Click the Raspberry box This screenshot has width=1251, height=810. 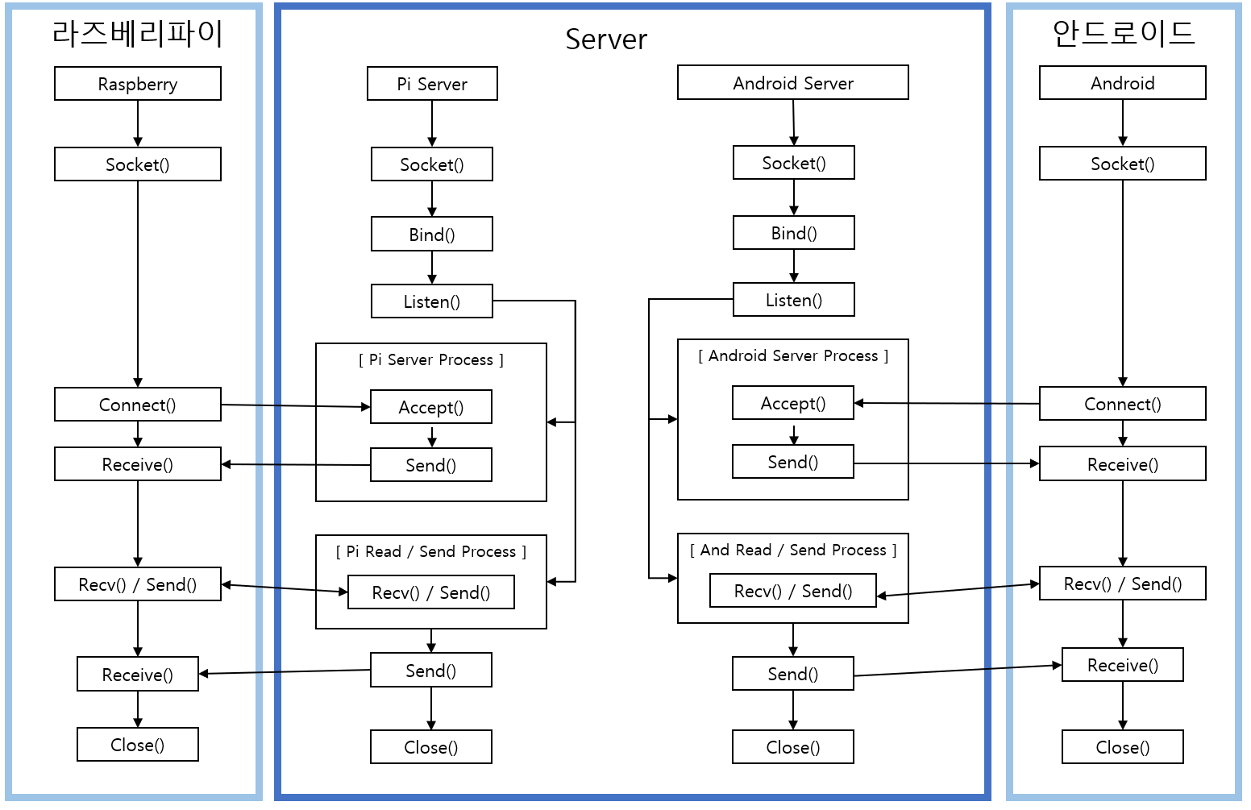pyautogui.click(x=137, y=84)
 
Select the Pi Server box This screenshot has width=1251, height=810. pyautogui.click(x=432, y=84)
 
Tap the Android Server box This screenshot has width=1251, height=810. pyautogui.click(x=792, y=83)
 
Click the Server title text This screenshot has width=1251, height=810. pyautogui.click(x=606, y=39)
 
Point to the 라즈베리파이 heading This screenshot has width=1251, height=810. pyautogui.click(x=137, y=34)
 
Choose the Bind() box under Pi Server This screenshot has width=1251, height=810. pyautogui.click(x=431, y=235)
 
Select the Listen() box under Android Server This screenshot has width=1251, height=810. pyautogui.click(x=793, y=300)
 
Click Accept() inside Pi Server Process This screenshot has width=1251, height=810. pyautogui.click(x=430, y=407)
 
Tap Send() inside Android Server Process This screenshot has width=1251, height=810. pyautogui.click(x=792, y=462)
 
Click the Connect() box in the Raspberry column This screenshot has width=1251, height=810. pyautogui.click(x=137, y=405)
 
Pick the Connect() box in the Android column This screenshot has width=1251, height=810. pyautogui.click(x=1122, y=404)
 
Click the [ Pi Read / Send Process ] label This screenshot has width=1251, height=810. pyautogui.click(x=430, y=551)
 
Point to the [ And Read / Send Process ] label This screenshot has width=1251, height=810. pyautogui.click(x=792, y=550)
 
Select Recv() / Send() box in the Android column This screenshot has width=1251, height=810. pyautogui.click(x=1122, y=584)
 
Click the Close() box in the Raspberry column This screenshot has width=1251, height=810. pyautogui.click(x=137, y=745)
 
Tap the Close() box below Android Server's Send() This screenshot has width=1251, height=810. pyautogui.click(x=792, y=747)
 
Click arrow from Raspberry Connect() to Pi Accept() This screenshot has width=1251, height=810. pyautogui.click(x=296, y=405)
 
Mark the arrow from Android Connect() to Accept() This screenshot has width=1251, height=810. pyautogui.click(x=947, y=403)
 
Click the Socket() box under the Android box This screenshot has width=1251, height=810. pyautogui.click(x=1122, y=164)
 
